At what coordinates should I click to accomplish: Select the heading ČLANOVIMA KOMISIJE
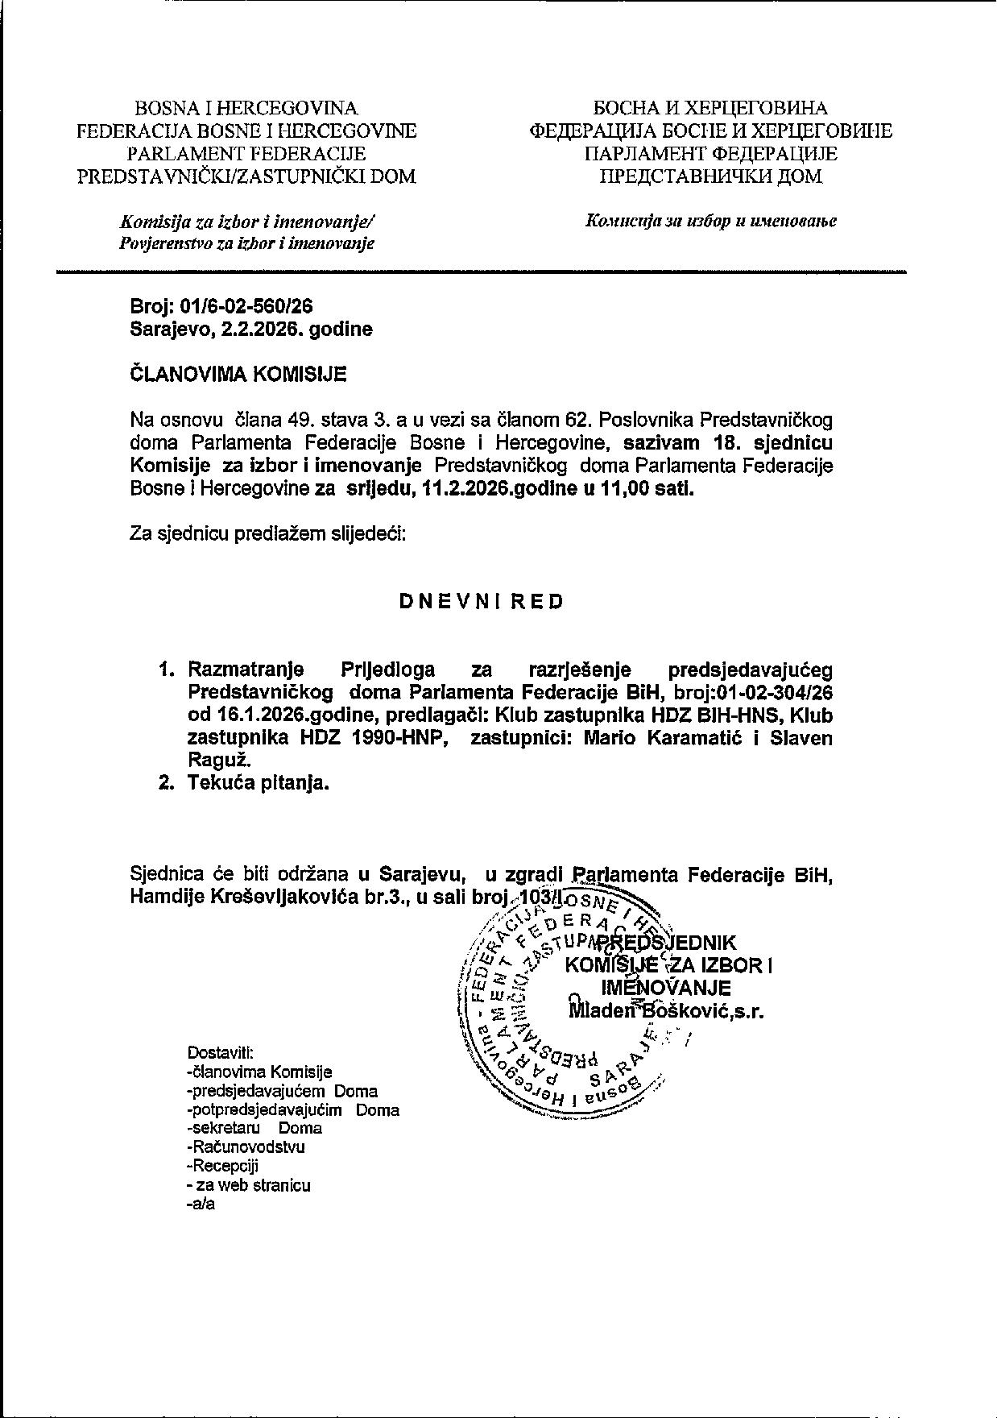pyautogui.click(x=238, y=374)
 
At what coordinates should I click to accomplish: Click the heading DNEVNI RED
pyautogui.click(x=482, y=602)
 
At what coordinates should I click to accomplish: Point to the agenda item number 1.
pyautogui.click(x=167, y=670)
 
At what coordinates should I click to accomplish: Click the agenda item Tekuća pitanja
pyautogui.click(x=259, y=782)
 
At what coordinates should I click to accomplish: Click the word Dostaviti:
pyautogui.click(x=221, y=1052)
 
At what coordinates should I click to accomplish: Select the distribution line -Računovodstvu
pyautogui.click(x=245, y=1146)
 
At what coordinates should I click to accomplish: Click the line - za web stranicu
pyautogui.click(x=248, y=1185)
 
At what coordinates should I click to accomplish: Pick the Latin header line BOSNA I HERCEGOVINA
pyautogui.click(x=246, y=108)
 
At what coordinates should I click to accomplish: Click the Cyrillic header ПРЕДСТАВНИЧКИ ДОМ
pyautogui.click(x=711, y=176)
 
